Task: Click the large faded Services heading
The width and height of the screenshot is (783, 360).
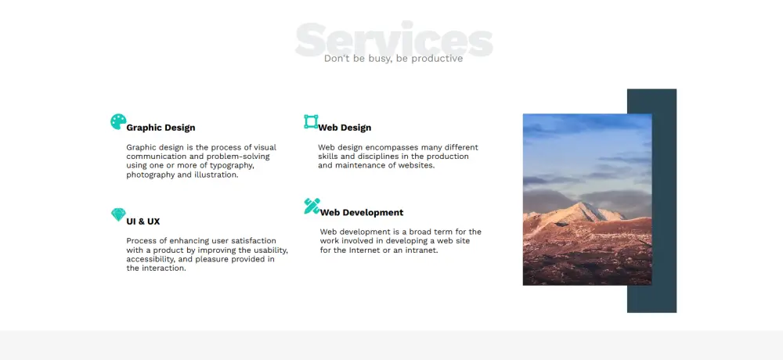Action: pos(394,39)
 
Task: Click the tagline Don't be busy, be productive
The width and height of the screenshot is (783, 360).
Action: pos(394,59)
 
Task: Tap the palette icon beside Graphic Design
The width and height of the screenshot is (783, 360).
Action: pos(118,121)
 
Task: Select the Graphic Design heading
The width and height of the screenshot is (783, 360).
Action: pos(161,128)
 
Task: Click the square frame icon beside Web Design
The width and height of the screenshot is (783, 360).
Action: pos(311,122)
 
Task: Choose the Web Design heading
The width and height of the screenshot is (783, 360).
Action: pos(345,128)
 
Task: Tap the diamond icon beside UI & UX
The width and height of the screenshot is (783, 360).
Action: pos(118,214)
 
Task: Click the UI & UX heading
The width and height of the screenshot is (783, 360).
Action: pos(143,221)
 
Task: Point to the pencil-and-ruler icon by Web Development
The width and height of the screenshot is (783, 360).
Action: pos(312,206)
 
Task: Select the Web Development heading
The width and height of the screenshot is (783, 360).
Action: pos(362,212)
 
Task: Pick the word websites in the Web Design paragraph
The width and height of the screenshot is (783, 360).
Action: pos(416,165)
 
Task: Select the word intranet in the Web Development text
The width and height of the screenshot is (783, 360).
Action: pos(422,250)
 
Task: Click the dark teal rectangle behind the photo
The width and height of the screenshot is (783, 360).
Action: pos(664,200)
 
